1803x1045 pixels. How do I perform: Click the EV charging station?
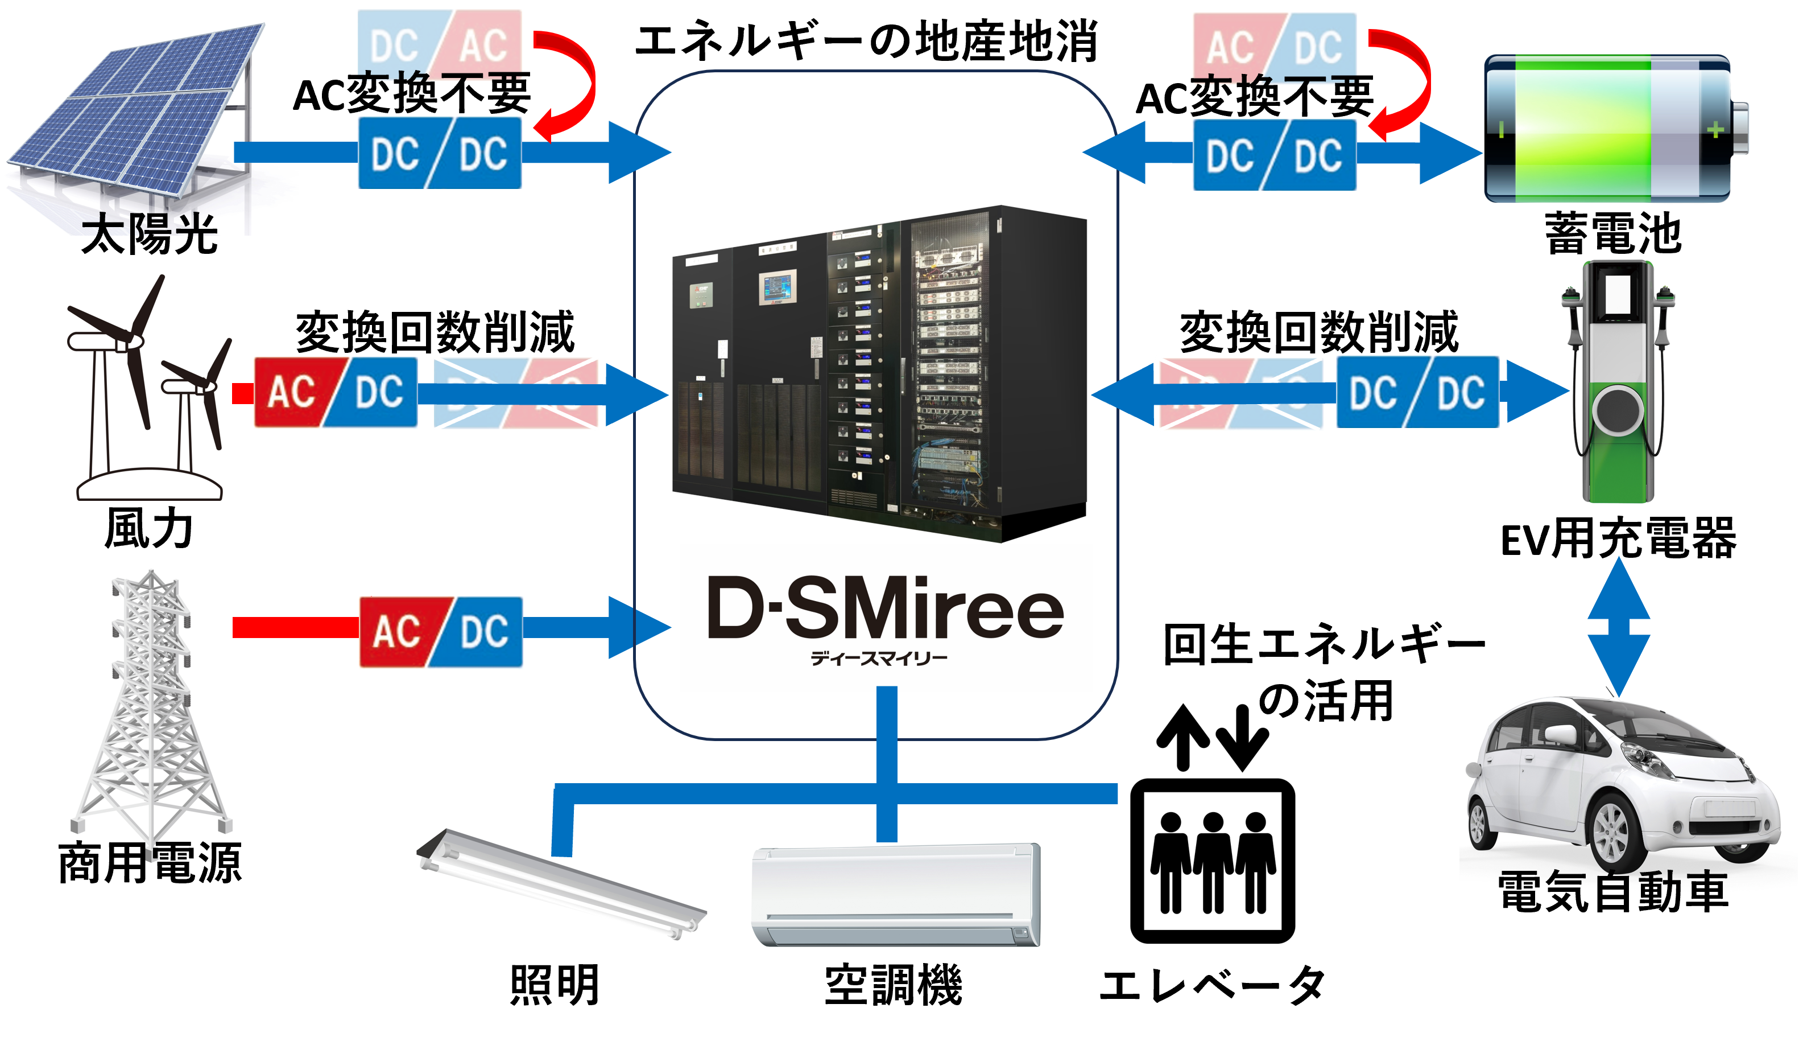pos(1618,383)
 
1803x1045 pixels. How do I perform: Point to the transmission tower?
pos(151,705)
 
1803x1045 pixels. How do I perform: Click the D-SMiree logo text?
pos(886,608)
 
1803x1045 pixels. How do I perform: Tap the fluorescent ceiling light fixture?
pos(561,884)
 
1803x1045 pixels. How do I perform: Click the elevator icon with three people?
pos(1212,859)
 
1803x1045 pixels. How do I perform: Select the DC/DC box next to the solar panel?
pos(439,153)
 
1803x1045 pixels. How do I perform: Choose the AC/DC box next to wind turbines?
pos(336,393)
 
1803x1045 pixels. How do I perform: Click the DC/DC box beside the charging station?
pos(1417,392)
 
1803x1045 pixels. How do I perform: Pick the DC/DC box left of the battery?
pos(1274,155)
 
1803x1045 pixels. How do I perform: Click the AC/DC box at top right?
pos(1274,45)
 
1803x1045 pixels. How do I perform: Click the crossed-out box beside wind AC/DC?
pos(516,394)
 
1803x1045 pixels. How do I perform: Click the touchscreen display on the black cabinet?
pos(778,288)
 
